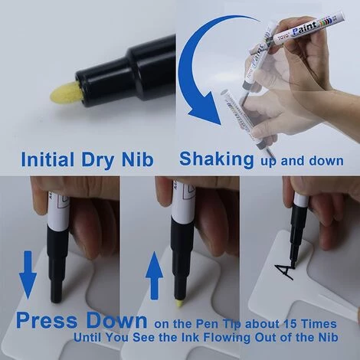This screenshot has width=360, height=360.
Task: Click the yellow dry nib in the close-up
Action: coord(67,94)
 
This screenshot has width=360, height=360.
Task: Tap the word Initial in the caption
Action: coord(47,159)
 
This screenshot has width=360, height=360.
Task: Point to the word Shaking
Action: coord(217,159)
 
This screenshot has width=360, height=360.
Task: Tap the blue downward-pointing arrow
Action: coord(28,274)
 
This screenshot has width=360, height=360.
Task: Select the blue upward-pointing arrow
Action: coord(154,275)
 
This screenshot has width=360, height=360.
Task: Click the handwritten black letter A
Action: coord(285,271)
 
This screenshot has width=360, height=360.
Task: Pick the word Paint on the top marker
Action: coord(305,29)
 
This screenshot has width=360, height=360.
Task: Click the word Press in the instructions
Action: coord(47,320)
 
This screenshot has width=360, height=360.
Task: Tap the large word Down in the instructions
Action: coord(116,320)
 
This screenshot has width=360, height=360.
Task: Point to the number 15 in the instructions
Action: coord(290,324)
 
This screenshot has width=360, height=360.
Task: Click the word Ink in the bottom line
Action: coord(191,337)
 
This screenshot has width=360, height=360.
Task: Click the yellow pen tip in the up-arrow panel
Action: coord(178,303)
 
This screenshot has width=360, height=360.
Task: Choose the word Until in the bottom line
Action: coord(88,337)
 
